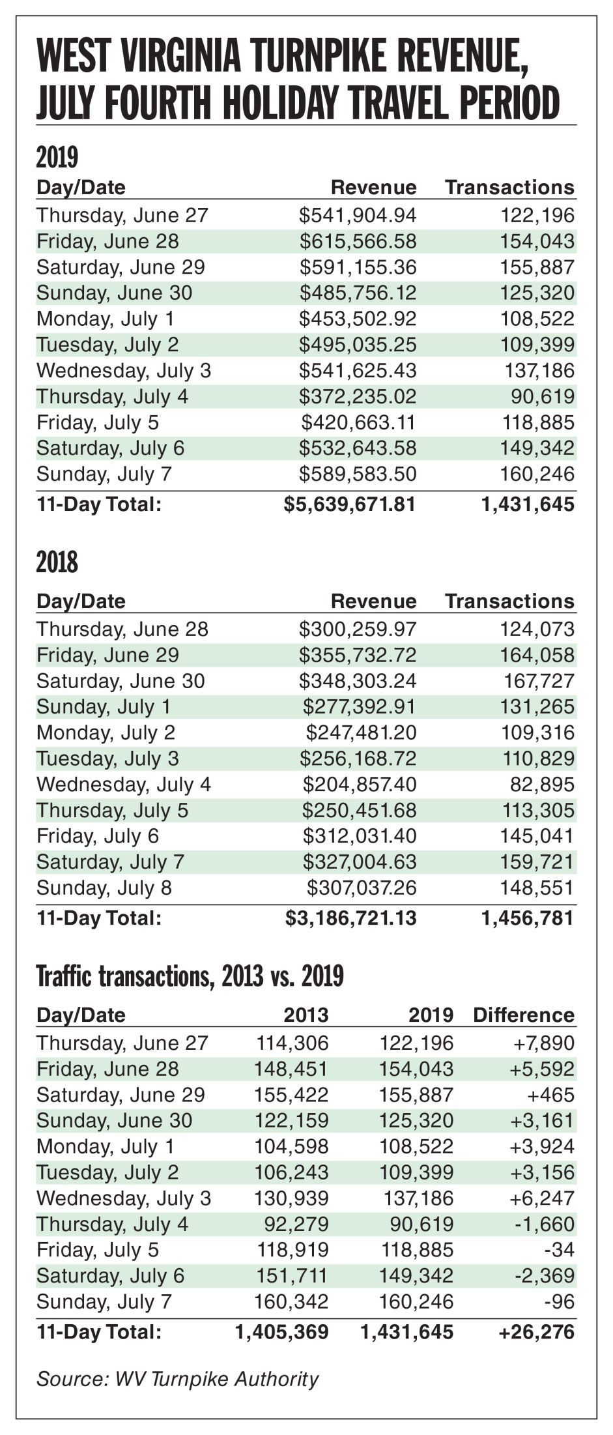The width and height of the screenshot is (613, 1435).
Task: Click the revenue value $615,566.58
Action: point(358,242)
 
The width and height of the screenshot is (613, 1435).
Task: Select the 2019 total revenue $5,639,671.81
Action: point(350,504)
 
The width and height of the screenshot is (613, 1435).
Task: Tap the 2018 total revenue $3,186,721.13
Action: point(351,918)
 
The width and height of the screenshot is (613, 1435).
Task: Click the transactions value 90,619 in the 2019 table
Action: point(547,397)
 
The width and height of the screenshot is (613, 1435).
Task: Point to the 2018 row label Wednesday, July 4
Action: point(124,784)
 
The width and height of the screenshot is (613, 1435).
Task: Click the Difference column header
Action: point(524,1015)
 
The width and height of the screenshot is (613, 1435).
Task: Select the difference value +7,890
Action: point(544,1043)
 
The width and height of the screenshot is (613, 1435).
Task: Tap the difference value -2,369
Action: point(547,1275)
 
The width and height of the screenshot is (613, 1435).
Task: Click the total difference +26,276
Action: point(537,1331)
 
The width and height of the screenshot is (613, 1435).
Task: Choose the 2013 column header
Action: point(306,1015)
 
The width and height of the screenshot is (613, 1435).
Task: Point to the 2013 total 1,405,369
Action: point(282,1331)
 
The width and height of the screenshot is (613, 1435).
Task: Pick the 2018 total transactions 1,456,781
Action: point(528,918)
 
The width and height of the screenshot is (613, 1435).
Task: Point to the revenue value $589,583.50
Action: point(358,474)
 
